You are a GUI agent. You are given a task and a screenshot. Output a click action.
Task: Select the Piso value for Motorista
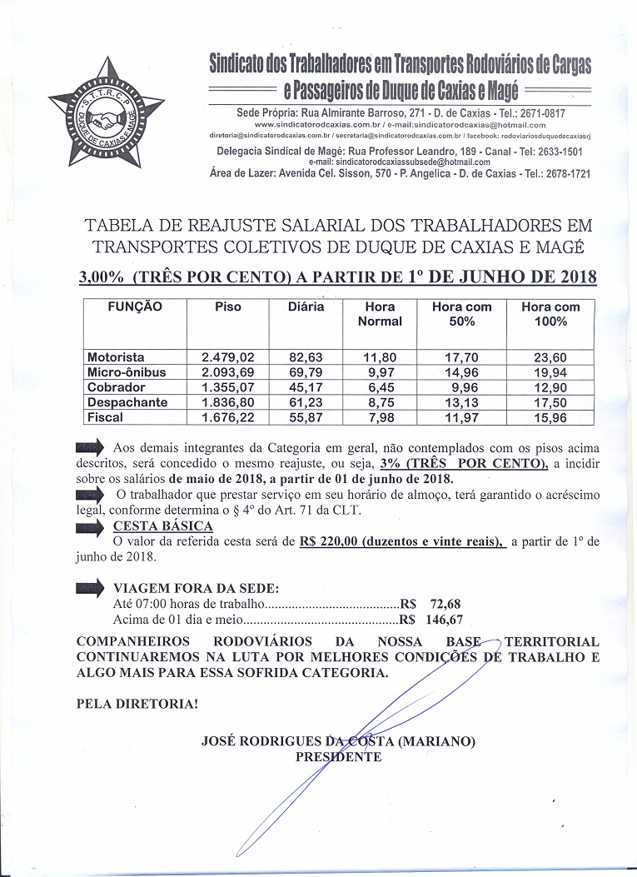(x=227, y=358)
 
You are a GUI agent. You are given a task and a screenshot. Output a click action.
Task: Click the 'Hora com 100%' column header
(x=550, y=314)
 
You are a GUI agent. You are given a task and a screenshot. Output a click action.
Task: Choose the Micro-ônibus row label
(x=127, y=373)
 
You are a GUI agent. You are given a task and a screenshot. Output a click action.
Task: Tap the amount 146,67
(x=442, y=620)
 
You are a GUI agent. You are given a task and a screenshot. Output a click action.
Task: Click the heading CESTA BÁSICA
(x=162, y=526)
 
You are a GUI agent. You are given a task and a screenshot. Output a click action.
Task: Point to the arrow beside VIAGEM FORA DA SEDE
(x=90, y=587)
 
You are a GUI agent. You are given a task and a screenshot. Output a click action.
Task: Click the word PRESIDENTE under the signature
(x=339, y=757)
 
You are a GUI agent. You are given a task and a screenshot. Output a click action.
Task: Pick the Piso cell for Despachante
(x=227, y=403)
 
